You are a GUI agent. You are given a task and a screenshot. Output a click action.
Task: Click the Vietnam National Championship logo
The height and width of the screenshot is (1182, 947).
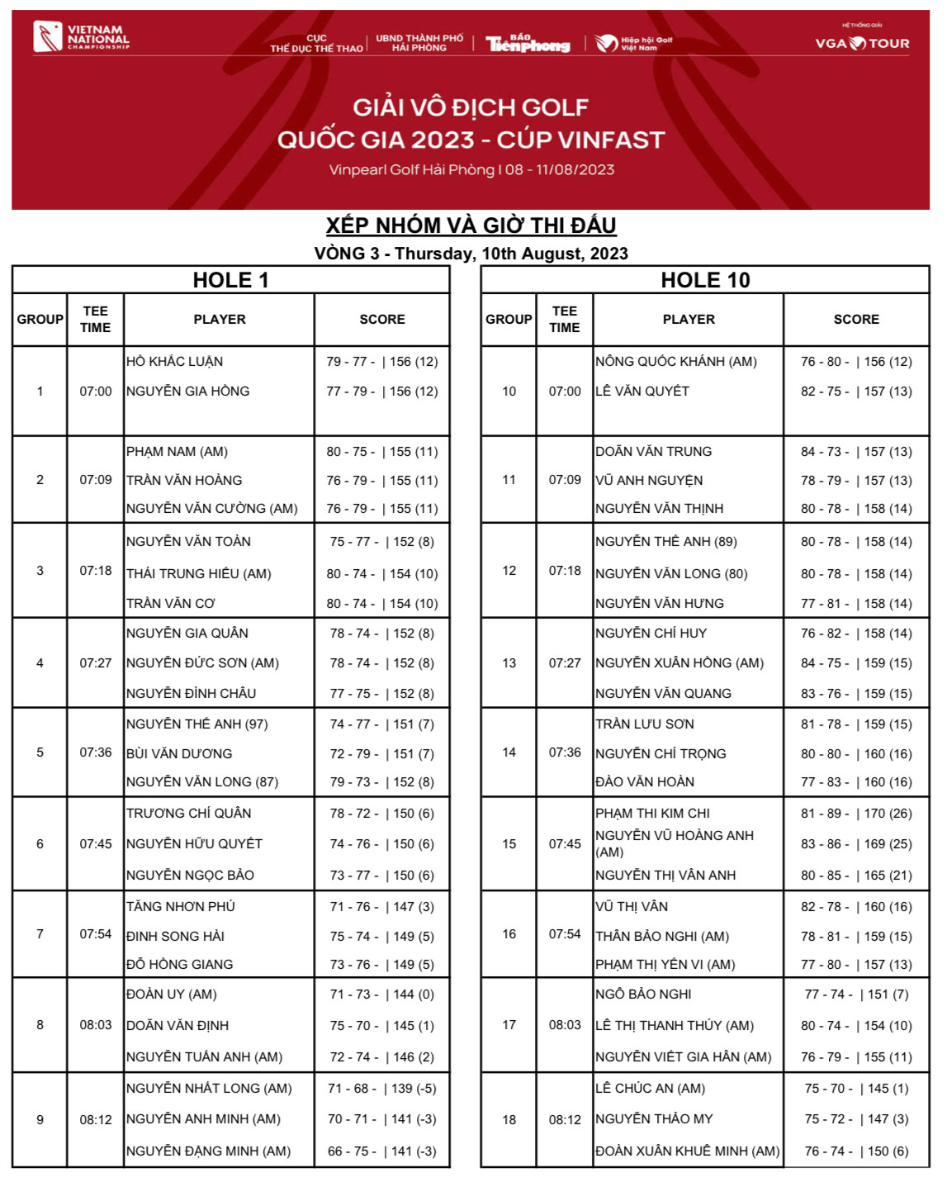[81, 37]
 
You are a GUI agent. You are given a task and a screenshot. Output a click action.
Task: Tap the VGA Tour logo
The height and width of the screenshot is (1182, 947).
[862, 43]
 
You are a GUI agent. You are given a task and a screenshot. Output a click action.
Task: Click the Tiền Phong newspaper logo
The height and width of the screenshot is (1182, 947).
[528, 44]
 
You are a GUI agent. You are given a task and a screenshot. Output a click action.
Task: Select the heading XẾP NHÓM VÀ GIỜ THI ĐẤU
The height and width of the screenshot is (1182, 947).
[471, 225]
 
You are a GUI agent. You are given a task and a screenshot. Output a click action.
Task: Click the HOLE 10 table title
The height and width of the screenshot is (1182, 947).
[705, 280]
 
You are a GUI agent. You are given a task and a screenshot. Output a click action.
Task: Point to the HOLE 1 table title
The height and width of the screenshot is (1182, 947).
[230, 280]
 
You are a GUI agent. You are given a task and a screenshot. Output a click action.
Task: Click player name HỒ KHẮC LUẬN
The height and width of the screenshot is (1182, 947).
[175, 362]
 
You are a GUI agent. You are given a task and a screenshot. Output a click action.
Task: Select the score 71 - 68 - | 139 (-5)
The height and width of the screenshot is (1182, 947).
[382, 1089]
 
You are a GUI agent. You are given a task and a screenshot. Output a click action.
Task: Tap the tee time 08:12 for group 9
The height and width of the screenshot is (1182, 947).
[96, 1120]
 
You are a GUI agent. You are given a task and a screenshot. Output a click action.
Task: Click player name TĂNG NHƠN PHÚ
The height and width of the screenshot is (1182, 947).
[181, 907]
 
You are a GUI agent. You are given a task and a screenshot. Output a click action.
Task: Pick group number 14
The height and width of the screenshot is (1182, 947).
[509, 752]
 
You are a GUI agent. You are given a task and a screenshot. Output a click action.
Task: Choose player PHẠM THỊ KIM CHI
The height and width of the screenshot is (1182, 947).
[652, 814]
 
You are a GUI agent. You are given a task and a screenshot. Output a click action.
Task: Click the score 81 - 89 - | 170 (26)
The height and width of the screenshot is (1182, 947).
[856, 814]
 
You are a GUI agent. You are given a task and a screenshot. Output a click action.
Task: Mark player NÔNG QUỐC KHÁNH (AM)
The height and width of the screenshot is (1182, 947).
[676, 362]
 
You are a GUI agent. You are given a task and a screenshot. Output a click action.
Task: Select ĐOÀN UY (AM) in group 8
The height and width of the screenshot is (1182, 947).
[172, 994]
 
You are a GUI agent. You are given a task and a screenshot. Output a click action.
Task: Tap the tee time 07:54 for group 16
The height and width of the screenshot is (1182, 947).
[565, 934]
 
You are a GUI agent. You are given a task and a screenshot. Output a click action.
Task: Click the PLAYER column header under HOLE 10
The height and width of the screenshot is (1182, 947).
[689, 320]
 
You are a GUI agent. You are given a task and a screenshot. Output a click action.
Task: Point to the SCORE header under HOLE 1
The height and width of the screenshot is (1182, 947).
[382, 320]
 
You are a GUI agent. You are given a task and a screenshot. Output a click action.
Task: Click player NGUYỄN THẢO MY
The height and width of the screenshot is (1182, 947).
[654, 1119]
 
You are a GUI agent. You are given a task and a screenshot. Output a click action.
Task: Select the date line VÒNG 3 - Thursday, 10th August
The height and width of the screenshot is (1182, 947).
[471, 254]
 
